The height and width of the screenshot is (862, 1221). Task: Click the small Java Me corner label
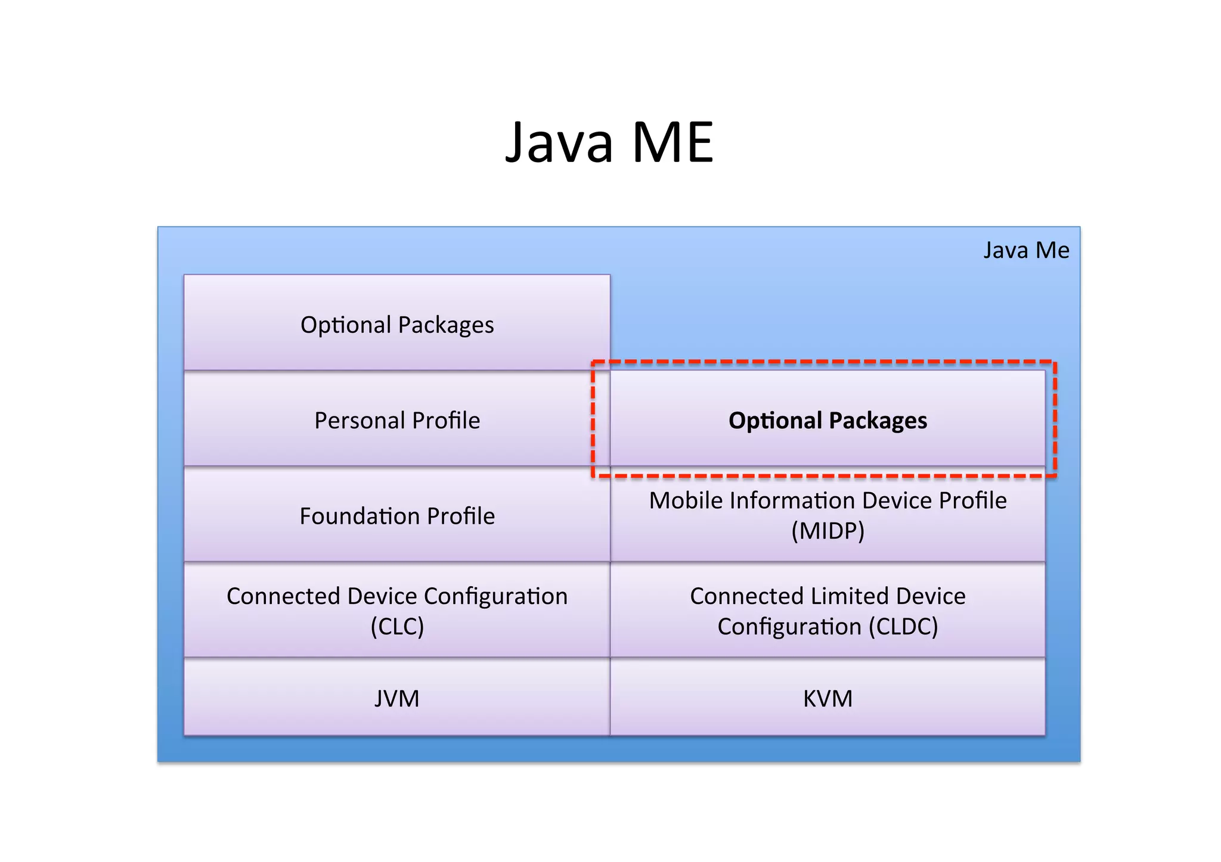1026,250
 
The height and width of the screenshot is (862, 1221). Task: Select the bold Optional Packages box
828,421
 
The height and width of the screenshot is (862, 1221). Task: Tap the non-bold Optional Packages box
397,325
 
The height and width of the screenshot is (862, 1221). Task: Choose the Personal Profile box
397,421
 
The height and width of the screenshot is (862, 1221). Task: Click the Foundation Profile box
397,516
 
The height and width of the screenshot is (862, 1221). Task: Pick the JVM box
397,698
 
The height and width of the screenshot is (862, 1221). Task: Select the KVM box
828,698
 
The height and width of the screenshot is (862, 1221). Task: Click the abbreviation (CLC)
397,627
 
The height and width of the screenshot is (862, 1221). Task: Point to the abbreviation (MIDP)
828,531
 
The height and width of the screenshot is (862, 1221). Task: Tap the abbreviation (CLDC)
903,627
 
